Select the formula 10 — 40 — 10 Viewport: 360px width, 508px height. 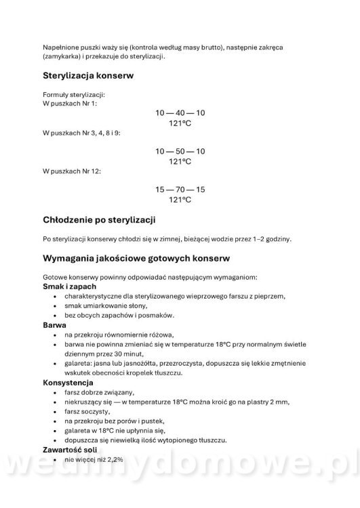click(180, 112)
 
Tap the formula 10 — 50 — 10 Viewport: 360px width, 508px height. click(180, 151)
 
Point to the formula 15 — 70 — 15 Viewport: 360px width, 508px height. click(180, 190)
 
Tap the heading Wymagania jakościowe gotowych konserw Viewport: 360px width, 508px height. click(136, 259)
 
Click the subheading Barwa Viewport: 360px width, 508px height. click(56, 325)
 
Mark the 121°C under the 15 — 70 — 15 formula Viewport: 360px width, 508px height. click(180, 200)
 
